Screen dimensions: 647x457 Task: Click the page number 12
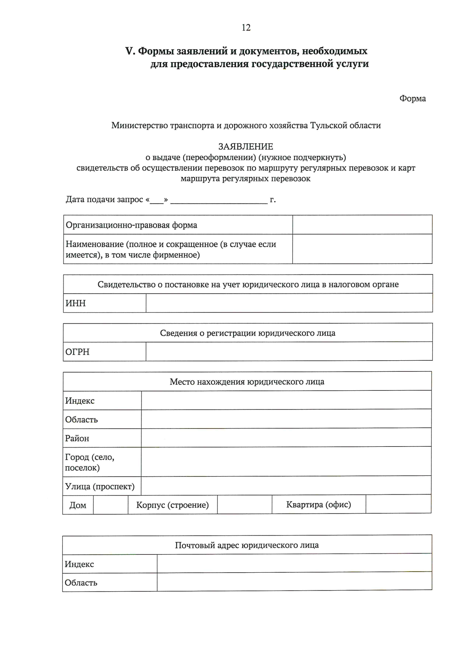(x=246, y=27)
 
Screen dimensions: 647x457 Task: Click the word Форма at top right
(x=412, y=99)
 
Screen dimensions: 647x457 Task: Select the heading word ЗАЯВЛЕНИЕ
(x=246, y=146)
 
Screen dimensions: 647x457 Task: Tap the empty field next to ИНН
(x=289, y=303)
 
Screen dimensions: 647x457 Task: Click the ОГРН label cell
(x=104, y=352)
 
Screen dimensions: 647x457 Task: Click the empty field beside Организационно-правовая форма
(x=362, y=225)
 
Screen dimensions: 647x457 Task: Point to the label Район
(x=77, y=438)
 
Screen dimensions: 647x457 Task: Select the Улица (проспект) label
(x=100, y=486)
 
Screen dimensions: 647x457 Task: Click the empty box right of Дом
(x=110, y=505)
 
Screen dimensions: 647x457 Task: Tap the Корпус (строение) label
(x=173, y=505)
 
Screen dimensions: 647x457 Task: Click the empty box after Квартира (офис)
(x=398, y=504)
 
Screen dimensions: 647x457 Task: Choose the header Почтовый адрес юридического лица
(x=247, y=545)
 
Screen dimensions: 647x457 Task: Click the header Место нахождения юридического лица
(x=247, y=382)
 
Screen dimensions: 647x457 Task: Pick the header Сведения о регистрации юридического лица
(x=248, y=333)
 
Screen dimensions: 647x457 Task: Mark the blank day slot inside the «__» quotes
(x=156, y=200)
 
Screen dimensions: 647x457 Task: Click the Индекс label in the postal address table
(x=79, y=564)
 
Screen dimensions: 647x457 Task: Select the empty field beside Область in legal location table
(x=286, y=419)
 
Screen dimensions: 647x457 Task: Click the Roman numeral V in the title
(x=130, y=51)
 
